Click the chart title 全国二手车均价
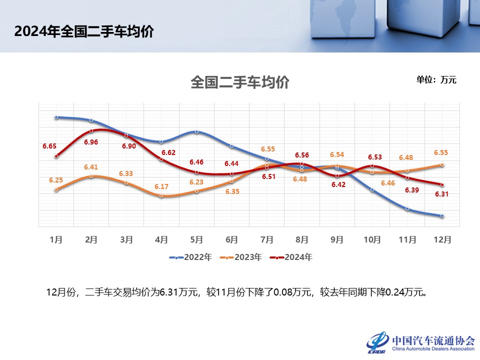pos(240,82)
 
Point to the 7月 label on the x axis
pos(267,239)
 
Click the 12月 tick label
pos(442,239)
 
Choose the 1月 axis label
pos(56,239)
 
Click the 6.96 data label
pos(91,142)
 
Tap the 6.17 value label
pos(161,186)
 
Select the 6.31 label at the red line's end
pos(441,195)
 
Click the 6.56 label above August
pos(302,155)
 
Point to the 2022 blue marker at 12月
pos(442,216)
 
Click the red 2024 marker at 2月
pos(91,131)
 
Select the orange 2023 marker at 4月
pos(161,195)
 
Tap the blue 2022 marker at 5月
pos(197,132)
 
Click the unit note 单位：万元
pos(436,79)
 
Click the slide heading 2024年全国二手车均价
pos(84,31)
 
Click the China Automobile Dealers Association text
pos(433,349)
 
